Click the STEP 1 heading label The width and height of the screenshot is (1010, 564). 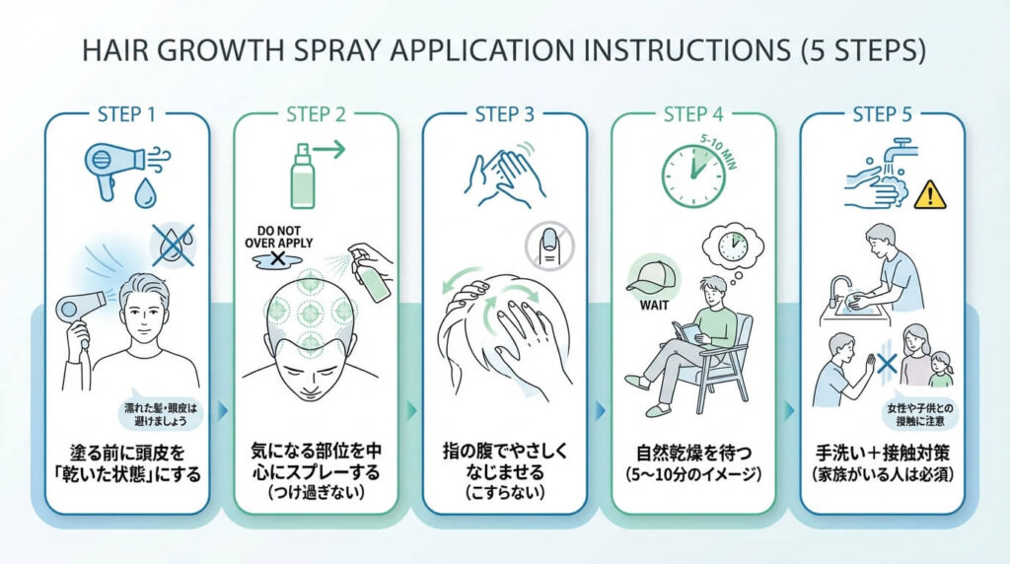[126, 113]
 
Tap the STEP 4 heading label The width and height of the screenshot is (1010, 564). [693, 113]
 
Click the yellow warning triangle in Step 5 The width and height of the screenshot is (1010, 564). [929, 193]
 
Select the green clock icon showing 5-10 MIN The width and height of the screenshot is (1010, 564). [692, 176]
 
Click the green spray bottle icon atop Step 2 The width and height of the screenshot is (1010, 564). [302, 177]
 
